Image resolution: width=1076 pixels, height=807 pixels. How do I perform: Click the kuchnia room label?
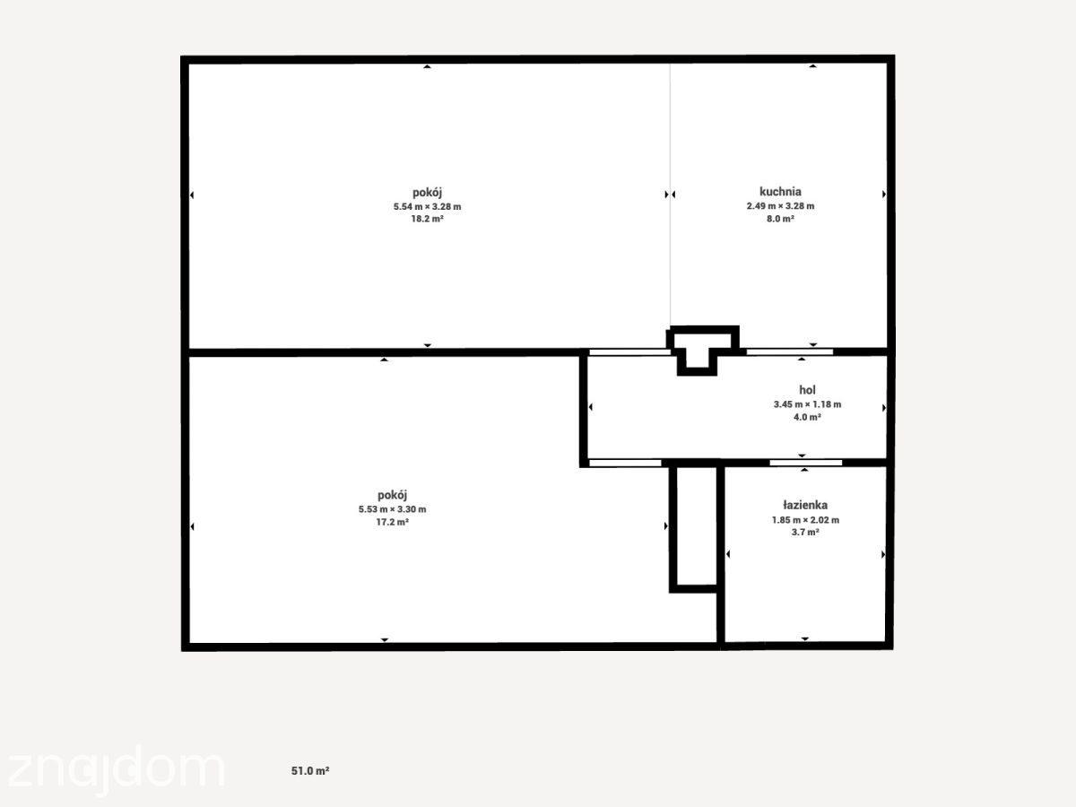coord(780,192)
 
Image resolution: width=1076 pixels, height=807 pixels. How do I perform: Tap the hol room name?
coord(807,390)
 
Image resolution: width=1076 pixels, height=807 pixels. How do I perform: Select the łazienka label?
coord(805,505)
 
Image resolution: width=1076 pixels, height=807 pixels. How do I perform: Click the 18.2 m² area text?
coord(427,219)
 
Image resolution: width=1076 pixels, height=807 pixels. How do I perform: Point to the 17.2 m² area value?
coord(392,523)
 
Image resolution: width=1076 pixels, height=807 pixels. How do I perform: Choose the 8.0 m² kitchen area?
coord(780,219)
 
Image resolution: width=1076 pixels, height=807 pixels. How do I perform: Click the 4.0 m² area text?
coord(807,418)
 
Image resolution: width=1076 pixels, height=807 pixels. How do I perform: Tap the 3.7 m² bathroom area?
coord(805,533)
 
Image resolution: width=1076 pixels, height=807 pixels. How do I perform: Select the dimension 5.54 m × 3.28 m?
coord(427,207)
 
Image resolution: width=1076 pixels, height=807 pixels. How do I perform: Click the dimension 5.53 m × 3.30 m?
coord(392,509)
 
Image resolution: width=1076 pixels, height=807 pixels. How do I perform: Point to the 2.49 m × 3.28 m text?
coord(780,206)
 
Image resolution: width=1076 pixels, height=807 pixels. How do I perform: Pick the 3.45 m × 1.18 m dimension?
coord(807,404)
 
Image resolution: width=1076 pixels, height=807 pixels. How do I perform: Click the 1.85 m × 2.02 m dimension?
coord(805,520)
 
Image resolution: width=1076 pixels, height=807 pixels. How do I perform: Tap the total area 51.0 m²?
coord(310,771)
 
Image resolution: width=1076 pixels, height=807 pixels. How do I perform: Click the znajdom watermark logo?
coord(117,769)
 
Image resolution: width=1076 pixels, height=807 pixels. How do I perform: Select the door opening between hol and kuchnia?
coord(789,351)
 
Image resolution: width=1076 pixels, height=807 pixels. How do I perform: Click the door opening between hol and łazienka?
coord(805,463)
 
